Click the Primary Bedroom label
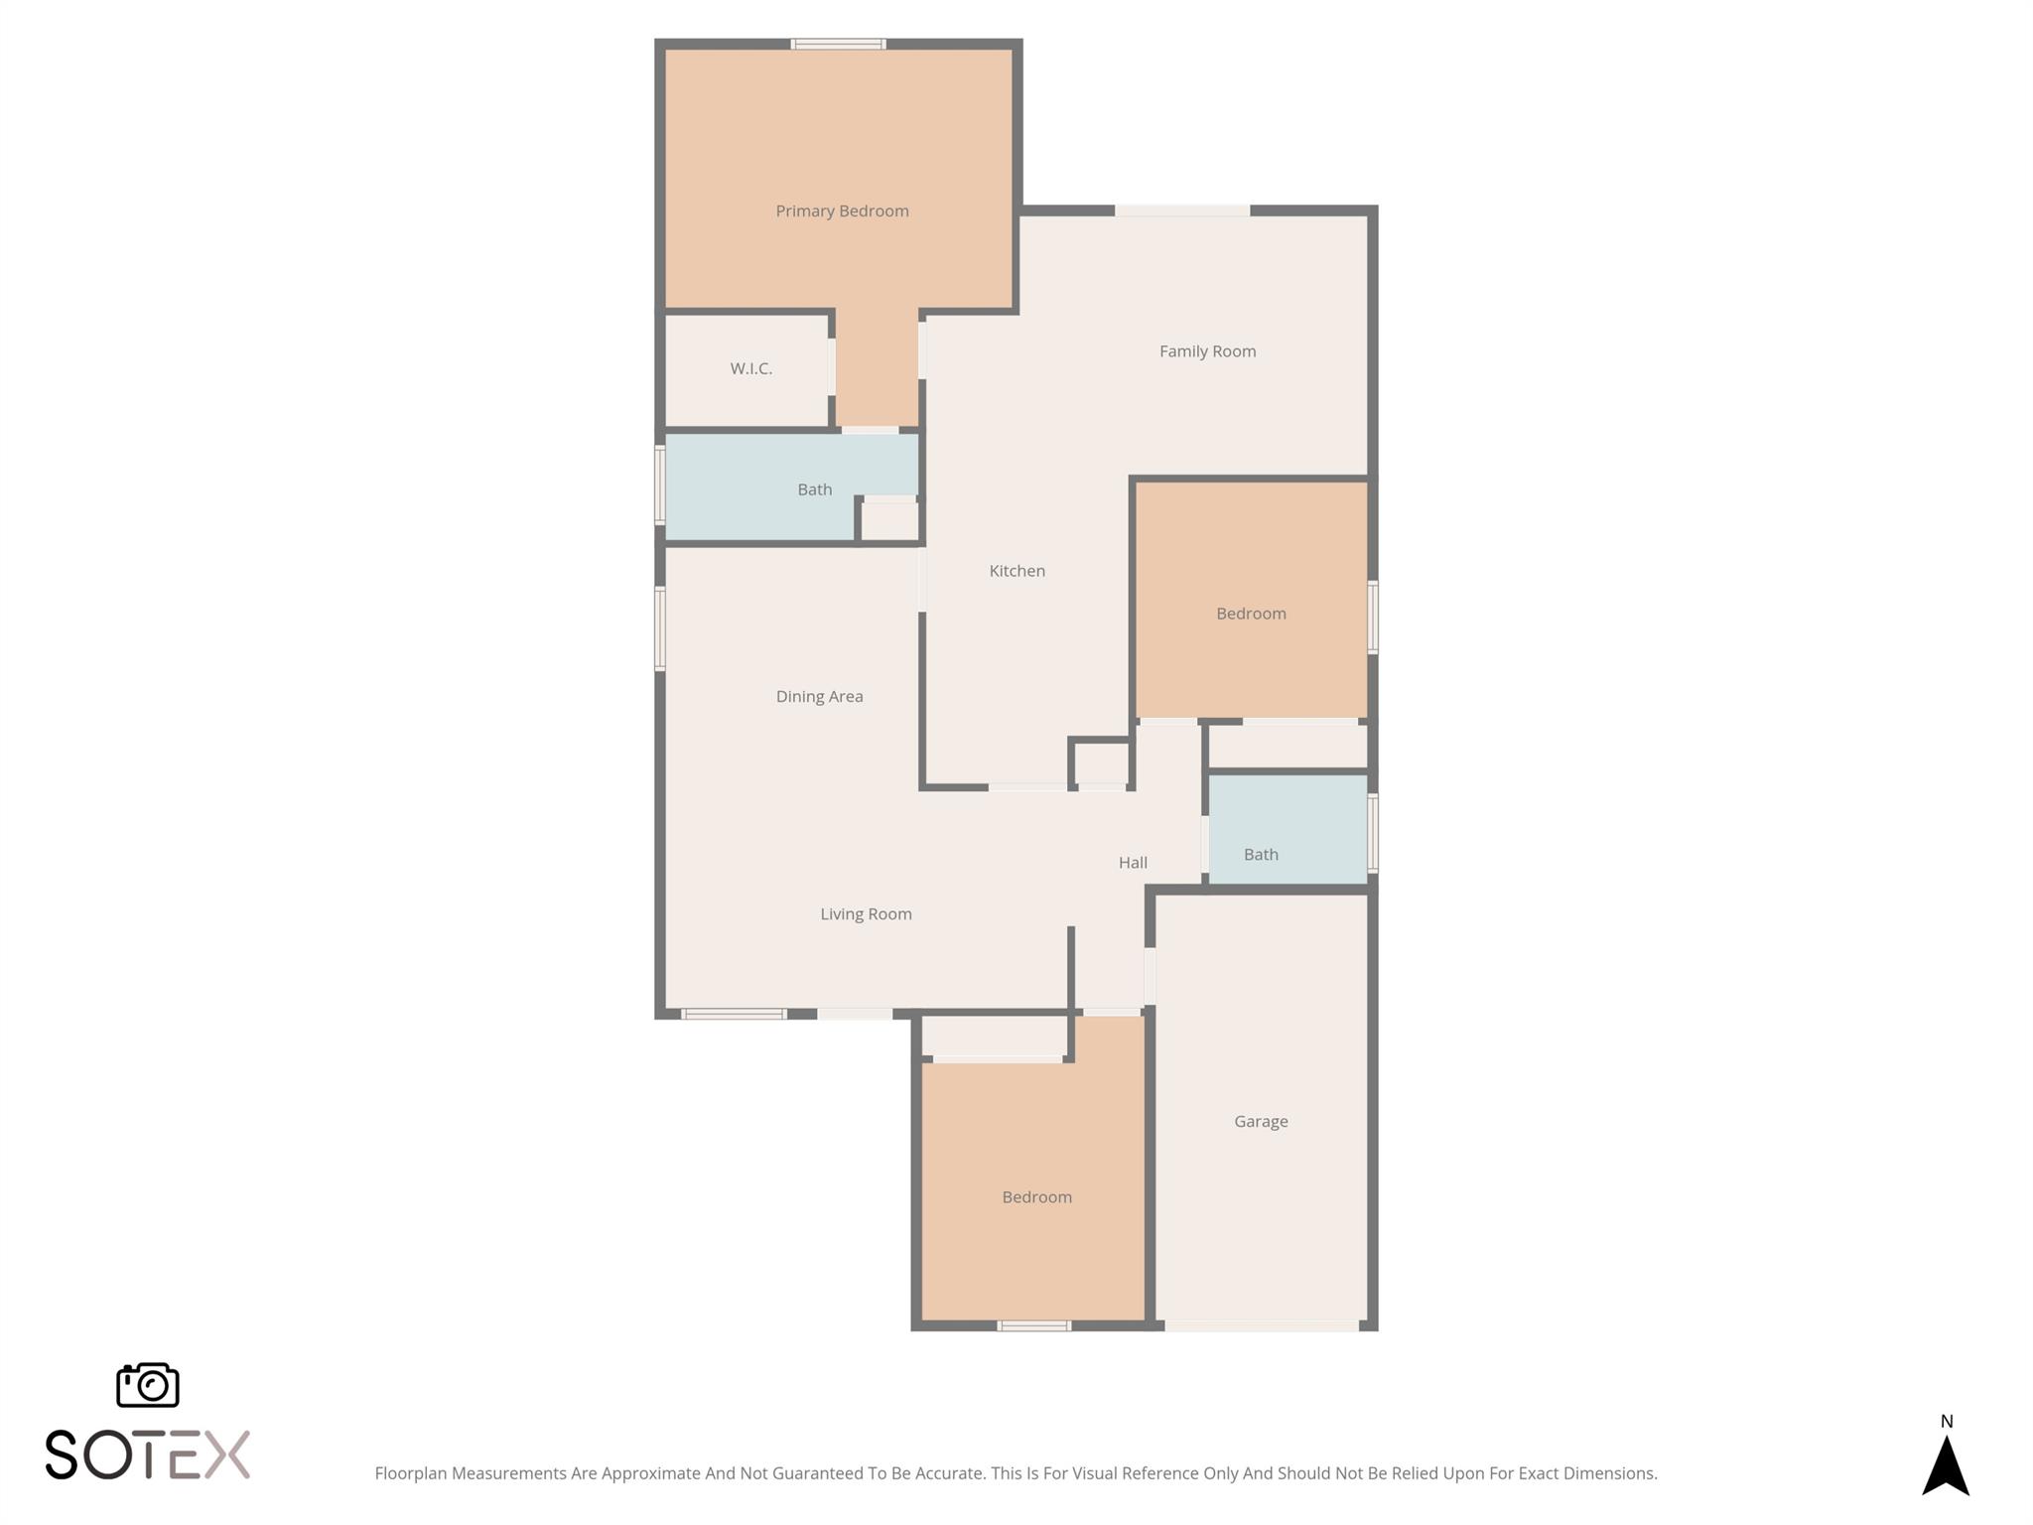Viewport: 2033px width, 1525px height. (x=842, y=211)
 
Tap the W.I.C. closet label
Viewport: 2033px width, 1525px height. (x=751, y=368)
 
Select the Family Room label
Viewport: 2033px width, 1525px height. (x=1207, y=351)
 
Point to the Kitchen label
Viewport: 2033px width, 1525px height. (x=1016, y=571)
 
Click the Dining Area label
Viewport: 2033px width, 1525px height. (x=819, y=697)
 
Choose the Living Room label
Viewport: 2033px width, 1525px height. (x=866, y=914)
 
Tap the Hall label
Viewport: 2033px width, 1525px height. (x=1133, y=863)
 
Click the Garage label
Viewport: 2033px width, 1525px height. (x=1261, y=1122)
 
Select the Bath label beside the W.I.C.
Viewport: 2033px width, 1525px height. (x=814, y=489)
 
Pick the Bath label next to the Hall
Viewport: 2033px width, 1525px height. (x=1261, y=855)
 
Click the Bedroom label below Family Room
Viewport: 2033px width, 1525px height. (x=1251, y=614)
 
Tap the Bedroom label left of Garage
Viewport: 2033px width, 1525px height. (x=1036, y=1197)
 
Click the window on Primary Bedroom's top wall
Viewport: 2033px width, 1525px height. (x=838, y=44)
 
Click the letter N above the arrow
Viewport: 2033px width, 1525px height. (x=1947, y=1422)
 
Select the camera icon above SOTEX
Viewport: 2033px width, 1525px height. (x=148, y=1385)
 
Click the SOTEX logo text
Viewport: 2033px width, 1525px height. (x=148, y=1456)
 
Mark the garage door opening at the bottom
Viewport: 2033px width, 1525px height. (x=1261, y=1325)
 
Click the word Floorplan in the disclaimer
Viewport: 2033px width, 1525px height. (x=411, y=1474)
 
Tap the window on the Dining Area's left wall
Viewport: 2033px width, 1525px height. (x=659, y=628)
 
